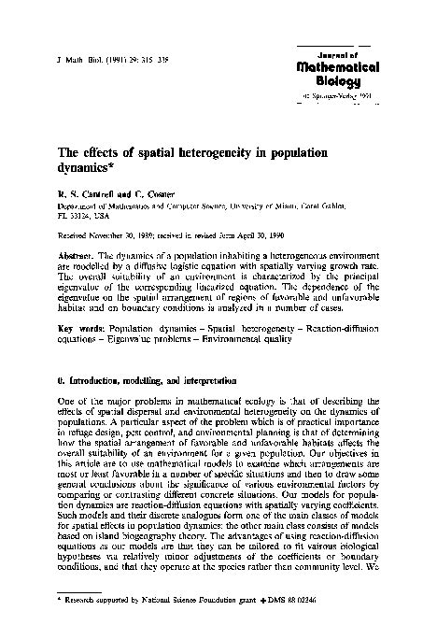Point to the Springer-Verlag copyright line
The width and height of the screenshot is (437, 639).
pyautogui.click(x=343, y=95)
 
